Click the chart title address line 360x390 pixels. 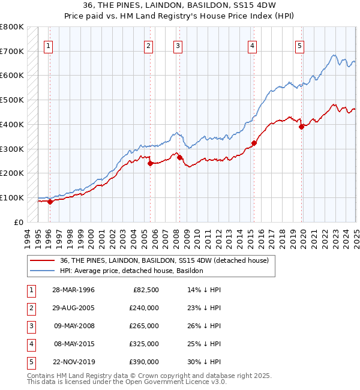point(179,7)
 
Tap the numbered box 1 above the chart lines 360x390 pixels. point(48,45)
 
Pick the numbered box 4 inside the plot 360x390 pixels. point(253,45)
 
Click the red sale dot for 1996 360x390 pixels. point(50,202)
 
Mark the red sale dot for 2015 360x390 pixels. point(254,143)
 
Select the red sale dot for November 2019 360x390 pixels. point(301,127)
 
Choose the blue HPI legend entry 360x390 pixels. point(131,271)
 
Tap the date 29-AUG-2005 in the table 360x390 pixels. point(73,308)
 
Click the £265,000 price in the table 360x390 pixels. point(144,326)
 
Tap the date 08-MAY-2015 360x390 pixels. point(73,344)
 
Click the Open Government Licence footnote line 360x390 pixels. point(127,382)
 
